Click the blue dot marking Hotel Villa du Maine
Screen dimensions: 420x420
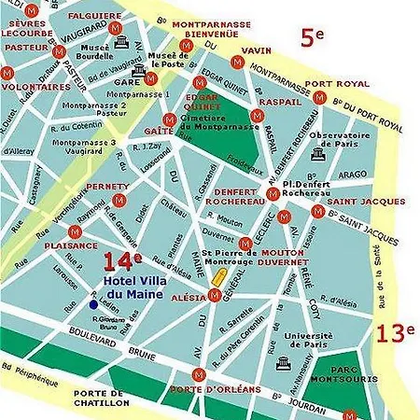(x=93, y=303)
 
